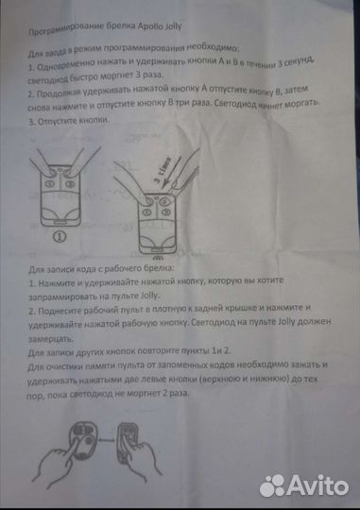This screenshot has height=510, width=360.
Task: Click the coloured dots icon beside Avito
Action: [273, 484]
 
